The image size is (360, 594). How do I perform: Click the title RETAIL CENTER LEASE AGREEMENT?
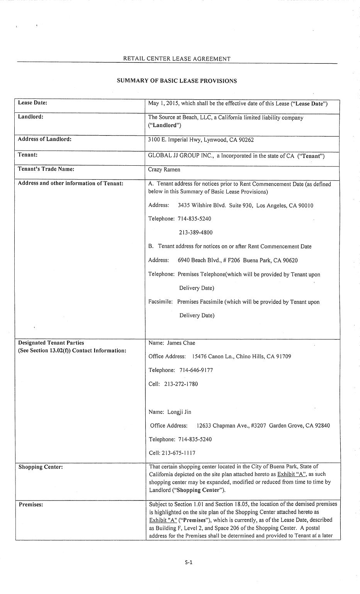click(177, 59)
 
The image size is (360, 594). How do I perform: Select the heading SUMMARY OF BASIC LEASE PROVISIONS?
click(177, 81)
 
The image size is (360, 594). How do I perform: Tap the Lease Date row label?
click(32, 103)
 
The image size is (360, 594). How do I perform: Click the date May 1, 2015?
click(163, 104)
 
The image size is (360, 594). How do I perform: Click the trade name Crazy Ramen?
click(164, 170)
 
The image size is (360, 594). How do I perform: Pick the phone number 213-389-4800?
click(195, 233)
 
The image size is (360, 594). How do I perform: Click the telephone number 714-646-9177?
click(196, 370)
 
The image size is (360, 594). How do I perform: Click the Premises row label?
click(31, 504)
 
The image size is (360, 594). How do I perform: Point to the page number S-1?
click(188, 562)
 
